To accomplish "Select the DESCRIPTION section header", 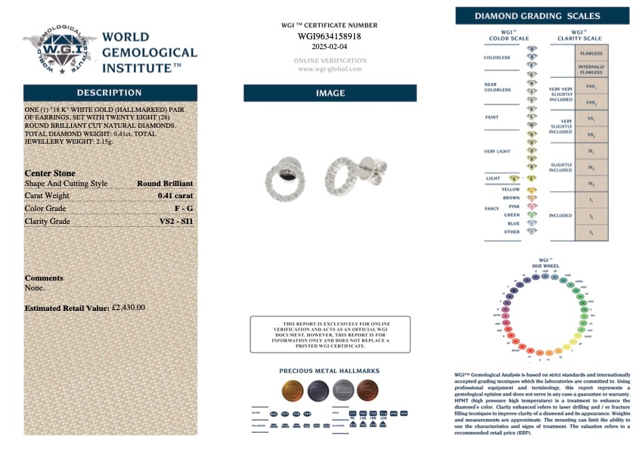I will point(110,92).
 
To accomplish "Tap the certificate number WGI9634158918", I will point(329,36).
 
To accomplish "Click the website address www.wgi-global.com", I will point(330,69).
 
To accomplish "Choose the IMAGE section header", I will point(330,93).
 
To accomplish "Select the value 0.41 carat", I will point(175,195).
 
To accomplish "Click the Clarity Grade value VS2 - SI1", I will point(176,221).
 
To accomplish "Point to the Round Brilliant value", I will point(164,183).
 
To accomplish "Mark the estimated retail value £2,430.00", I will point(128,308).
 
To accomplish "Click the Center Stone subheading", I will point(50,172).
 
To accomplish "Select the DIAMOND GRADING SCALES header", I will point(542,16).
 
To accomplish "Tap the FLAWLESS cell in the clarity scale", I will point(591,54).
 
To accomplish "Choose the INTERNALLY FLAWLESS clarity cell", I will point(591,69).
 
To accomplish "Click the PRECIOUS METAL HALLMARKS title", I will point(330,371).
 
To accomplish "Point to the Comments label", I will point(44,278).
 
